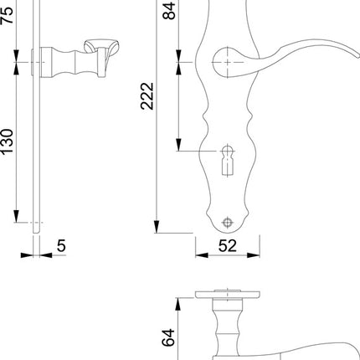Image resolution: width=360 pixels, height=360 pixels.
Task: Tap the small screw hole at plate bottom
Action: click(x=225, y=222)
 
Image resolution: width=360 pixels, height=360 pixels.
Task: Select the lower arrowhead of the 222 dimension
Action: click(x=155, y=227)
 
